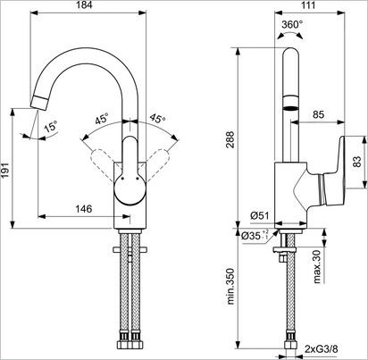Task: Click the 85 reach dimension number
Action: click(x=319, y=113)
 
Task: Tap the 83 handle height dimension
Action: click(x=358, y=163)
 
